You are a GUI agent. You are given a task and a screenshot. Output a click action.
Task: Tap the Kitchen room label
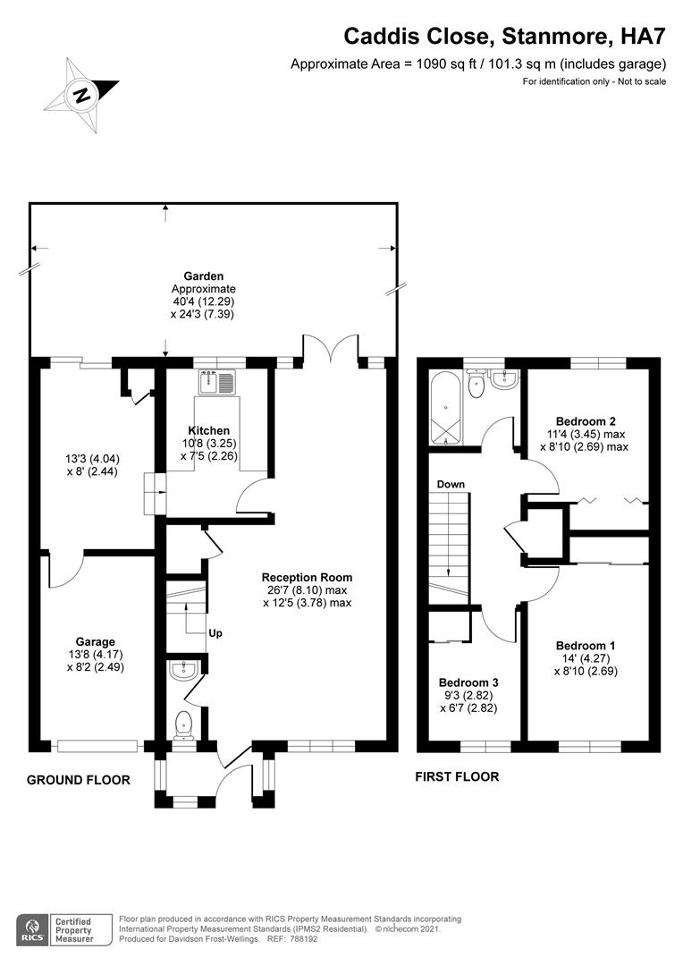(208, 430)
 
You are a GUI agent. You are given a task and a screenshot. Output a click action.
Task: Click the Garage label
(96, 641)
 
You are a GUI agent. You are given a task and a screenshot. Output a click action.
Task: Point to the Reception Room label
(307, 577)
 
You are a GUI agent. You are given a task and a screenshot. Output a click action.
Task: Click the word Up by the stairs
(215, 633)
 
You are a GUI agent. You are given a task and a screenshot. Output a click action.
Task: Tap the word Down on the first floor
(451, 484)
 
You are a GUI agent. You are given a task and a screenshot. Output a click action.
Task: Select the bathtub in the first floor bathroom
(444, 409)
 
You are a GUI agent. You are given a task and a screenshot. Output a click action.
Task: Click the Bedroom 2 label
(586, 420)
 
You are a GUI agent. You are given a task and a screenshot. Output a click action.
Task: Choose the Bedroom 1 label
(586, 645)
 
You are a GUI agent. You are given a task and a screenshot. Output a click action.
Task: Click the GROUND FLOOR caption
(79, 780)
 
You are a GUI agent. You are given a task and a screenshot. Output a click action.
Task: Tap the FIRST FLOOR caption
(457, 776)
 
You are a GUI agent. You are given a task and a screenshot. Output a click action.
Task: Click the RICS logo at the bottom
(37, 929)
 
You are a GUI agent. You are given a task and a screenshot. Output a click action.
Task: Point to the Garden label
(204, 276)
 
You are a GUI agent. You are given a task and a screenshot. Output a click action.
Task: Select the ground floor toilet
(183, 723)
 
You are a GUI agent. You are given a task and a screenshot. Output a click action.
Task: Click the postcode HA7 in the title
(643, 37)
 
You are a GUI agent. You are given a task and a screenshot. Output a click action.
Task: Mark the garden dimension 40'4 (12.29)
(204, 301)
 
